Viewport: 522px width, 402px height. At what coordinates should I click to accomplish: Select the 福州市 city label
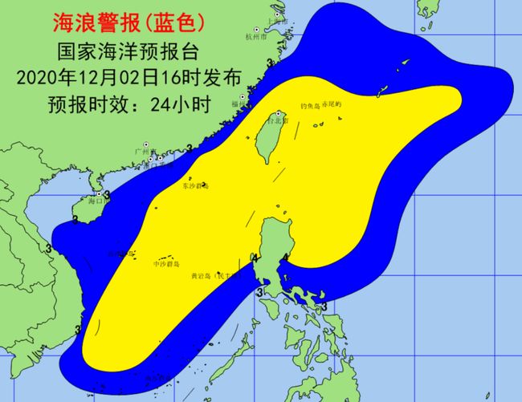click(240, 104)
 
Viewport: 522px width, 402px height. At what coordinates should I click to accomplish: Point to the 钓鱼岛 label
click(310, 105)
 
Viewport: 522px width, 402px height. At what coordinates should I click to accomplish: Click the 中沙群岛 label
click(165, 262)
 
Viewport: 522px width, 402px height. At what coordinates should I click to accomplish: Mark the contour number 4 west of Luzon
click(255, 258)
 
